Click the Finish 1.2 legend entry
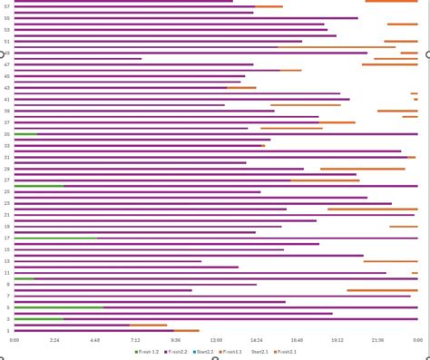pyautogui.click(x=149, y=351)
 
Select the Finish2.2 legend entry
pyautogui.click(x=175, y=351)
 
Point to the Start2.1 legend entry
pyautogui.click(x=258, y=351)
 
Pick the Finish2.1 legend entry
pyautogui.click(x=284, y=351)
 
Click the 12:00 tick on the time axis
pyautogui.click(x=216, y=339)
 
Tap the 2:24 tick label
pyautogui.click(x=54, y=339)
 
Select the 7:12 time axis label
pyautogui.click(x=135, y=339)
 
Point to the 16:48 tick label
pyautogui.click(x=297, y=339)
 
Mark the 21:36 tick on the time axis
pyautogui.click(x=377, y=339)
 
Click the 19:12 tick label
pyautogui.click(x=337, y=339)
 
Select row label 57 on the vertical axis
pyautogui.click(x=7, y=6)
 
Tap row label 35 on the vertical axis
pyautogui.click(x=7, y=134)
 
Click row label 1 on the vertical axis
pyautogui.click(x=8, y=331)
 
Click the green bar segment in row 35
pyautogui.click(x=25, y=134)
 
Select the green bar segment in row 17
pyautogui.click(x=55, y=238)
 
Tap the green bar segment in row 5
pyautogui.click(x=59, y=307)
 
